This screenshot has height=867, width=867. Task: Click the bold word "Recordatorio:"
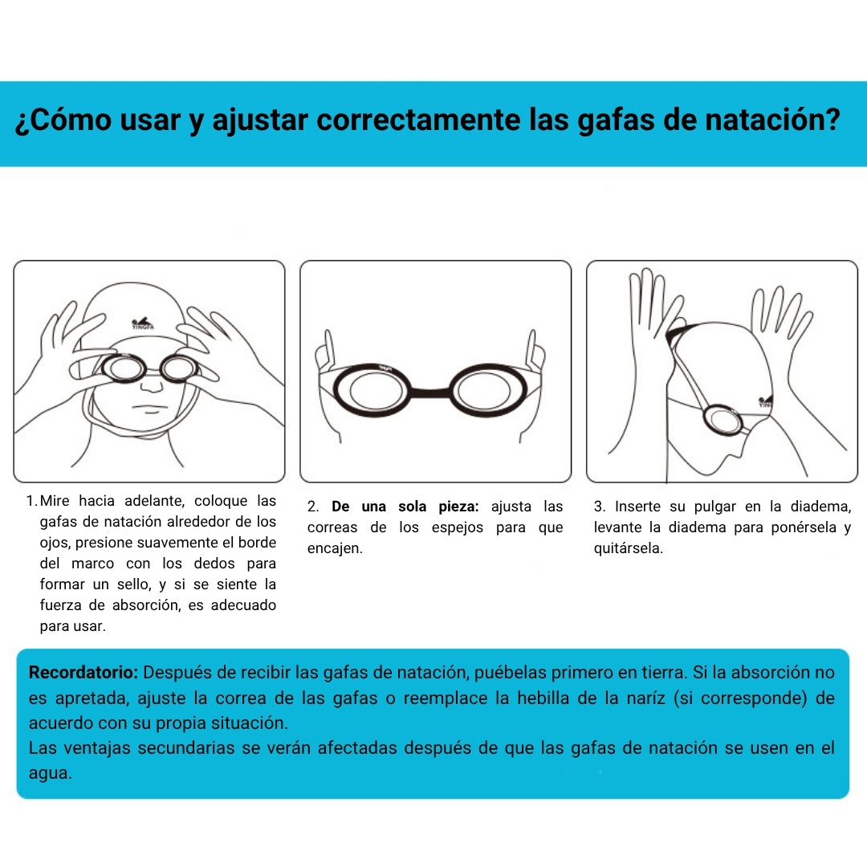click(83, 672)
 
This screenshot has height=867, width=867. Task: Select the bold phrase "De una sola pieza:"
click(405, 507)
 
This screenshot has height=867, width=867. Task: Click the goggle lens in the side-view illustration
click(727, 419)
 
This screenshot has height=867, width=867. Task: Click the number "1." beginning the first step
click(31, 501)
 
